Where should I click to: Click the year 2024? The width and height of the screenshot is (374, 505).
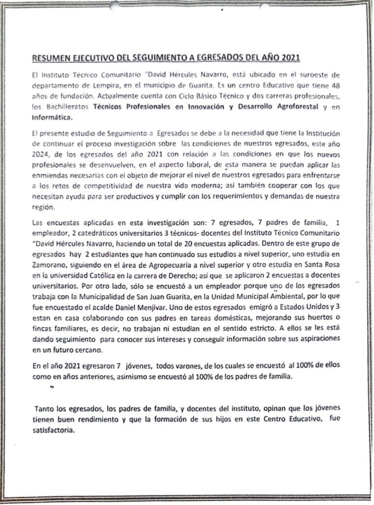tap(40, 154)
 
